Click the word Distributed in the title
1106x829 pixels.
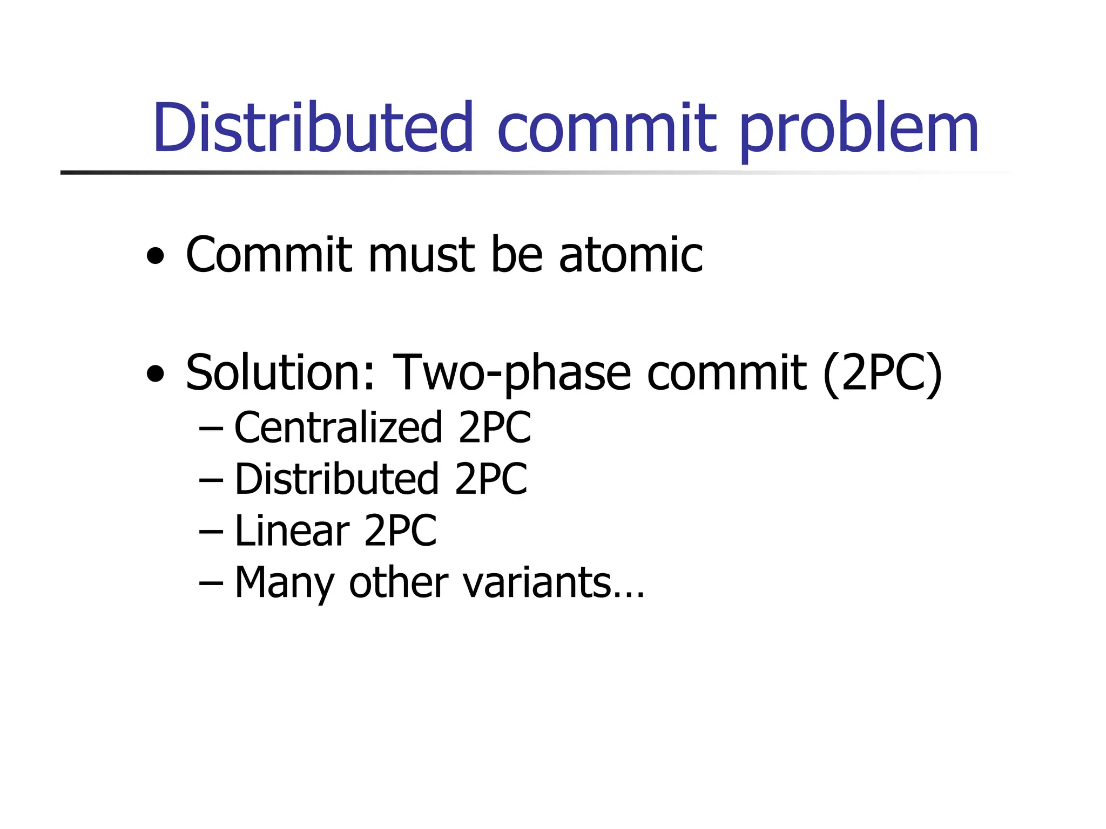pos(313,127)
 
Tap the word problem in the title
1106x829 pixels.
pos(858,130)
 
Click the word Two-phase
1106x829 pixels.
pos(511,373)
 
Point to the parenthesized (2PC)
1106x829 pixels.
pos(882,373)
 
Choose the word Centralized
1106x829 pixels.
pos(338,427)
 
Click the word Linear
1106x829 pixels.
pos(292,531)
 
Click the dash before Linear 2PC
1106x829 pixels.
pos(211,532)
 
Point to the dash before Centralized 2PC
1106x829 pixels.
pos(211,428)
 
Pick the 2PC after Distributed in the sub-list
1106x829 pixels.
pos(490,479)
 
